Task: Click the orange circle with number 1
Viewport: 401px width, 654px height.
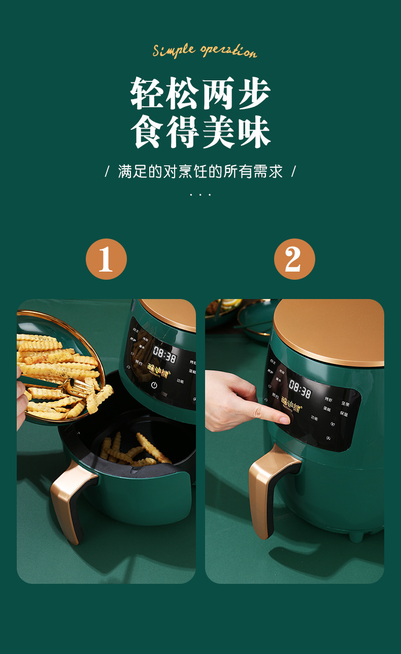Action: pos(106,259)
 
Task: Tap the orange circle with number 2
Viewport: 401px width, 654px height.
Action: pos(294,259)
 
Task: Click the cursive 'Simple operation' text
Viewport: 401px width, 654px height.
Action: pos(205,51)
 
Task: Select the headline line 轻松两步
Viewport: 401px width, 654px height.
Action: pos(201,94)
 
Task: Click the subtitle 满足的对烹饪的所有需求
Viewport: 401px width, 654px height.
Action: pos(201,171)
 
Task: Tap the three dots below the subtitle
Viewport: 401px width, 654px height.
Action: pos(201,195)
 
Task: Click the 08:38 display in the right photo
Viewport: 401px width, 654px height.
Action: pos(299,390)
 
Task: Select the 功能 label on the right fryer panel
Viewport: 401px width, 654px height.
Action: pos(316,418)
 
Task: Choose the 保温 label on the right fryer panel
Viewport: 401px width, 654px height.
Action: pos(344,413)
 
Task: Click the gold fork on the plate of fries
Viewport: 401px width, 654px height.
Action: pos(81,389)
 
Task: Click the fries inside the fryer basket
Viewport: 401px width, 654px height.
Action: pos(135,450)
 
